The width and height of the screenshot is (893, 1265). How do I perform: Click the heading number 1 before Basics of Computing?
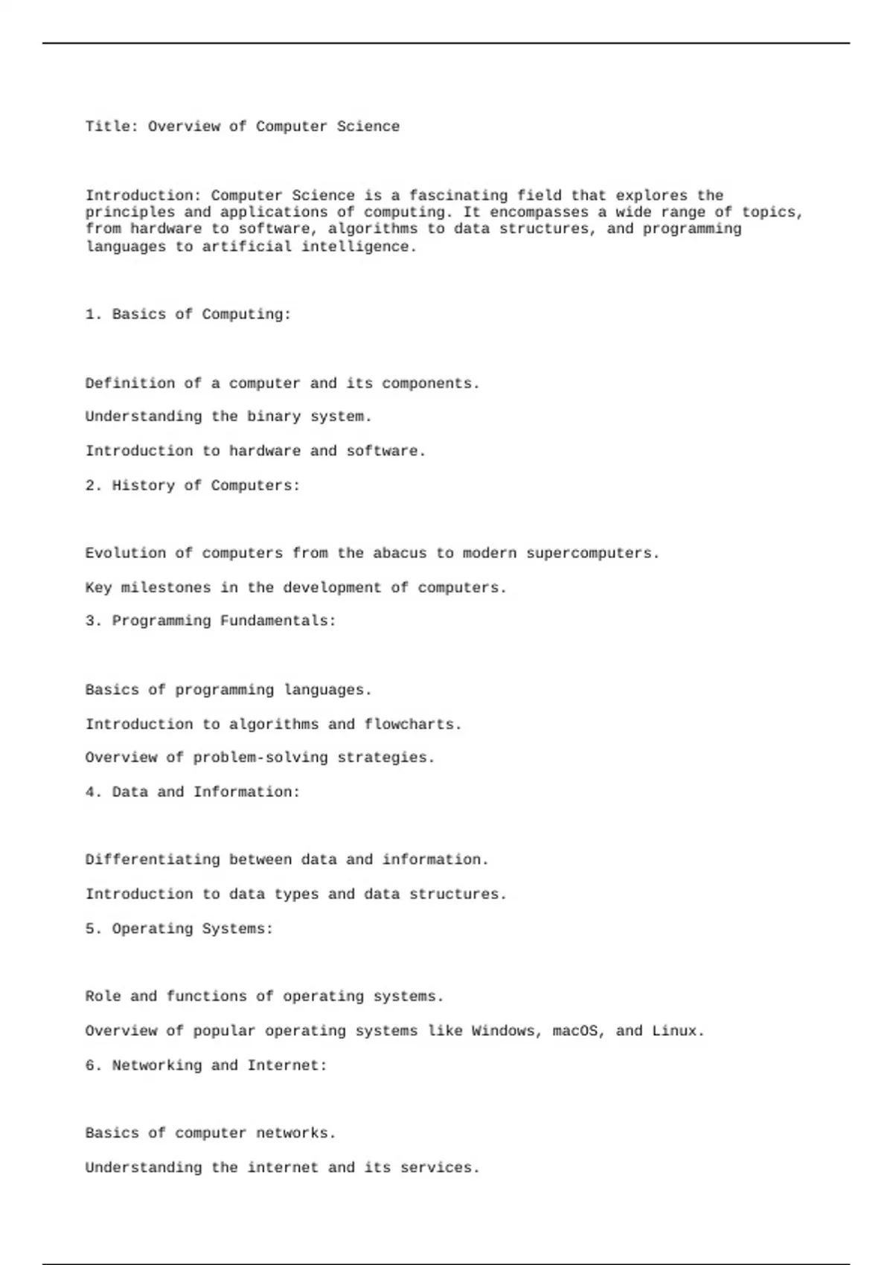pos(92,315)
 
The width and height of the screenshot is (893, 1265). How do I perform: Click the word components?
pos(431,384)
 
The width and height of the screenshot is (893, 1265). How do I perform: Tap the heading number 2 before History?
pos(92,486)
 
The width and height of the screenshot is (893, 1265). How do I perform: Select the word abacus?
pos(400,554)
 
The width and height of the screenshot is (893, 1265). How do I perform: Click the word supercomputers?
pos(592,554)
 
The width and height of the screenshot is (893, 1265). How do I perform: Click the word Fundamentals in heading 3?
pos(278,621)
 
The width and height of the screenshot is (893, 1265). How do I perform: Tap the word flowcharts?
pos(413,725)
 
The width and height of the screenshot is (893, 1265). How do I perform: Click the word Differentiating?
pos(153,860)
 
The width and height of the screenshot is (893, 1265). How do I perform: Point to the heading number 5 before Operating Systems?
pos(92,929)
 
